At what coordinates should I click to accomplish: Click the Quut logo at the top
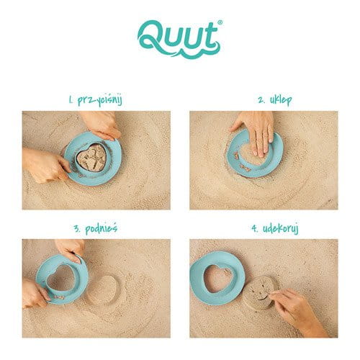pos(179,40)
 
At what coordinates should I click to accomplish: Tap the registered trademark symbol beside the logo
pos(220,22)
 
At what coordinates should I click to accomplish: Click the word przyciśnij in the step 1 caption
pos(100,100)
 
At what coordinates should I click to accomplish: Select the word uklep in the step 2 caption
pos(281,100)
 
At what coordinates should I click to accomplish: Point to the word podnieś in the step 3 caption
pos(102,229)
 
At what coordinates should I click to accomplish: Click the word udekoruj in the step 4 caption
pos(281,229)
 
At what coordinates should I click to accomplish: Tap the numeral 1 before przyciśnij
pos(71,100)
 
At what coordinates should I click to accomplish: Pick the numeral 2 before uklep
pos(261,100)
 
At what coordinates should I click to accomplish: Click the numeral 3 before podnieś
pos(78,229)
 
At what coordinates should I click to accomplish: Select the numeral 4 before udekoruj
pos(254,229)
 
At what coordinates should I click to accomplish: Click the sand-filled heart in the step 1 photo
pos(92,158)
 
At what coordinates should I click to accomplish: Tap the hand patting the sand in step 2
pos(255,131)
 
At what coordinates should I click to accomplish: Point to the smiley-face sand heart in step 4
pos(261,292)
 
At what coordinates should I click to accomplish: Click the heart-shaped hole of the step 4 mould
pos(217,279)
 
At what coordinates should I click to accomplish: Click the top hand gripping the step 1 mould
pos(100,125)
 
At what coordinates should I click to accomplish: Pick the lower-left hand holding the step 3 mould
pos(35,293)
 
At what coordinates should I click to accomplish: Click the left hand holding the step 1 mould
pos(45,164)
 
